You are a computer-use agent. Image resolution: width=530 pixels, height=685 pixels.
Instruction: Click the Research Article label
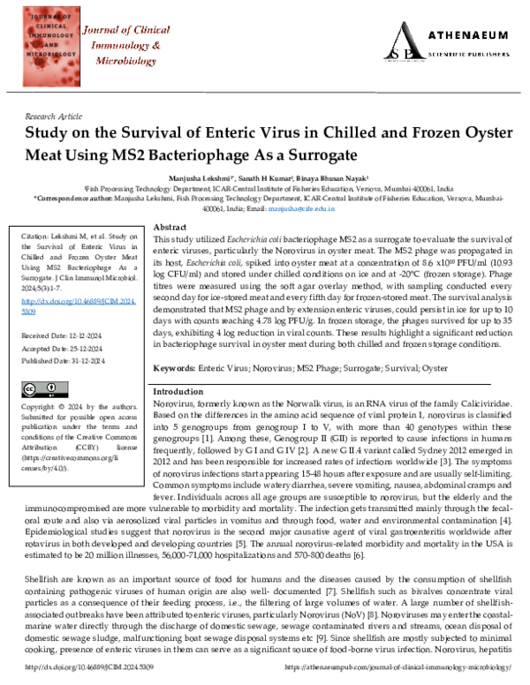55,116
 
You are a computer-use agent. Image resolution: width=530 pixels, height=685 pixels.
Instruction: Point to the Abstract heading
170,227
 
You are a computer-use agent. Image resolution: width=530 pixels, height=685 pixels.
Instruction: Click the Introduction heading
178,390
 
